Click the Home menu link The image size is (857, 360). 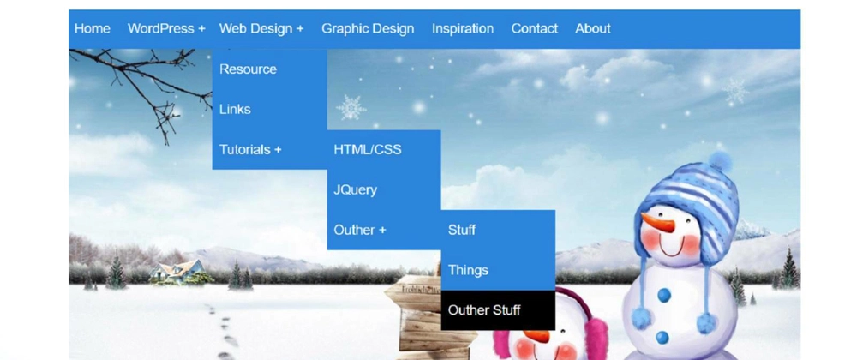(92, 28)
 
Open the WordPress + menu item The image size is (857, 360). (166, 28)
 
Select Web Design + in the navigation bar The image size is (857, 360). (261, 28)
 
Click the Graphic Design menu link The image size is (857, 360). (368, 28)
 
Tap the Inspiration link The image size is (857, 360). (463, 28)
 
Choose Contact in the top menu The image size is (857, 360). (535, 28)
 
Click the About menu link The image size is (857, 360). (592, 28)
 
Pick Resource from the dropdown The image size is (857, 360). (248, 69)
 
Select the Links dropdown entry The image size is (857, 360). (235, 109)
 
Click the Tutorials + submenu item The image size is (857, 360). (250, 150)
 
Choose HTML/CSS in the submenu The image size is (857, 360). (368, 150)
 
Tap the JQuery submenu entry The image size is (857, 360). (356, 190)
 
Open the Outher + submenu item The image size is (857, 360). (360, 230)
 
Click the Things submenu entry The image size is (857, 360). (468, 270)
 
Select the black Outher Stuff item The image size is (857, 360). (483, 310)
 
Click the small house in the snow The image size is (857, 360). (179, 271)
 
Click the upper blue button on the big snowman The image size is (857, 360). (664, 296)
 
